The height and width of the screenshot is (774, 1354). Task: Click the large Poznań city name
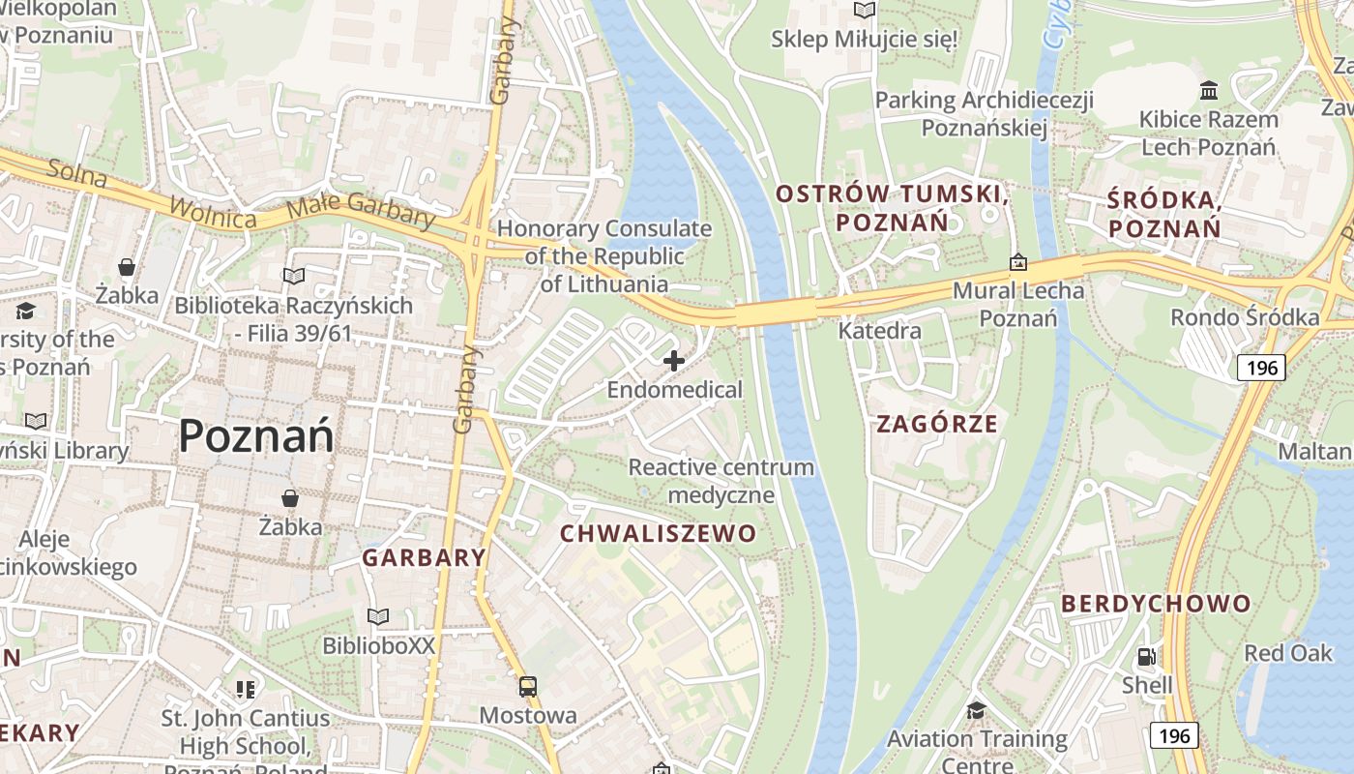256,435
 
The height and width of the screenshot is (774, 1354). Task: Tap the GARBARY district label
424,557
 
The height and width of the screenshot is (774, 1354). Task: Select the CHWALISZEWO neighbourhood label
658,533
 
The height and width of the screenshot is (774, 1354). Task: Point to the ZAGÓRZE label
936,424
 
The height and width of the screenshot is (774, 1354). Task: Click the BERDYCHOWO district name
1156,604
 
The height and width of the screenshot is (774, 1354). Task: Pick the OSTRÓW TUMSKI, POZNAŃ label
892,208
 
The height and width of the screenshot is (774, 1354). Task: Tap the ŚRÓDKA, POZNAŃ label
1164,214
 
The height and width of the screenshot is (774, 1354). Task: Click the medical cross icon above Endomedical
674,361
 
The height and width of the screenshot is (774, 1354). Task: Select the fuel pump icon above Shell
1146,657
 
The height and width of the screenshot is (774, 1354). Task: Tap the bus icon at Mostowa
528,687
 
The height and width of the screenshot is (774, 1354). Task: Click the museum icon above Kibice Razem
1209,91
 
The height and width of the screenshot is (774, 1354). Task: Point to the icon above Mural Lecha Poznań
1017,262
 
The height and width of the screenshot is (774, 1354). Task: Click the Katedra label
879,331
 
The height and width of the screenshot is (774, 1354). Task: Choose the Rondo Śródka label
1245,317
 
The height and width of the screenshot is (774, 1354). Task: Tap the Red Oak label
1287,653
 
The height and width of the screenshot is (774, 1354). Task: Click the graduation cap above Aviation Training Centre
976,711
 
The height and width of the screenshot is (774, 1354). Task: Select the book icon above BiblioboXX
378,616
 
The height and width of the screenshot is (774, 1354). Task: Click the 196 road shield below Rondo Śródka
1261,367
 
